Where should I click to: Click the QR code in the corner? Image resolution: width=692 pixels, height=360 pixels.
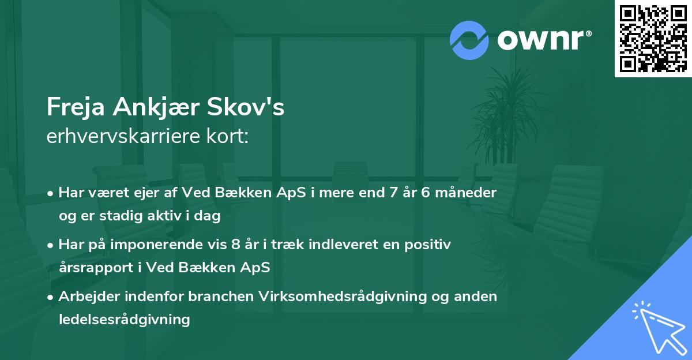click(653, 38)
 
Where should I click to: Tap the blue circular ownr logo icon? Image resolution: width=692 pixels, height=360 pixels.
click(469, 40)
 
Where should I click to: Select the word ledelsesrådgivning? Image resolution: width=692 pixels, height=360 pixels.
click(125, 319)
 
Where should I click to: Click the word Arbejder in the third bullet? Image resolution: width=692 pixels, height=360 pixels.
click(87, 297)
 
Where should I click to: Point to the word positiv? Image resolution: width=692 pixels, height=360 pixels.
click(430, 245)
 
